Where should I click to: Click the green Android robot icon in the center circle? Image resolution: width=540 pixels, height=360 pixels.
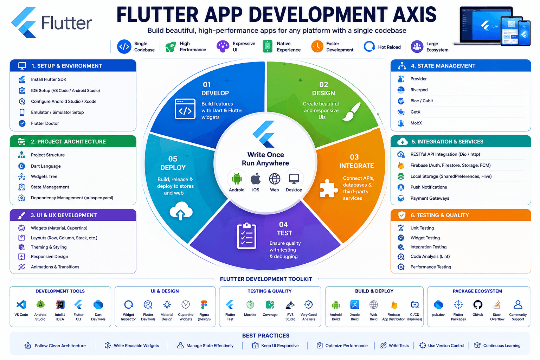pyautogui.click(x=237, y=179)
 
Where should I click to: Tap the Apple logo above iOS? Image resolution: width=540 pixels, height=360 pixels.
pyautogui.click(x=256, y=179)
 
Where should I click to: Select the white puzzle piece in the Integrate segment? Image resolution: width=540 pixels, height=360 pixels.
pyautogui.click(x=329, y=188)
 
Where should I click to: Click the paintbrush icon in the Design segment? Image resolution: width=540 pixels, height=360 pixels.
pyautogui.click(x=352, y=111)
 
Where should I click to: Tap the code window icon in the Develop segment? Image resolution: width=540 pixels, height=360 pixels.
pyautogui.click(x=185, y=109)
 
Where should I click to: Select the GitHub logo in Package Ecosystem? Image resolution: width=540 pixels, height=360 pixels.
pyautogui.click(x=477, y=304)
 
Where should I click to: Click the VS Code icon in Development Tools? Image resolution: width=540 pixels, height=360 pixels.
pyautogui.click(x=21, y=304)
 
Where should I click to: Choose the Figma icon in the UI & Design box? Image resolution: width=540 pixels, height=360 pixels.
pyautogui.click(x=204, y=304)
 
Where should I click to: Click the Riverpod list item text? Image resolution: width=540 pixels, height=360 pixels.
pyautogui.click(x=419, y=90)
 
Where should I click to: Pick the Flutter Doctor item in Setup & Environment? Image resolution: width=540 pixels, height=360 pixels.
pyautogui.click(x=45, y=123)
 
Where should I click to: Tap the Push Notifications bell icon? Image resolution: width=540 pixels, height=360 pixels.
pyautogui.click(x=401, y=187)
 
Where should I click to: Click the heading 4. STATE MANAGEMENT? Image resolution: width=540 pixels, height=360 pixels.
pyautogui.click(x=443, y=66)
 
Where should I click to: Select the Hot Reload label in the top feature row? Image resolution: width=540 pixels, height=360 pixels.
pyautogui.click(x=389, y=47)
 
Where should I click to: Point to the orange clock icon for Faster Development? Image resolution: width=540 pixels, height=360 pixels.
pyautogui.click(x=317, y=46)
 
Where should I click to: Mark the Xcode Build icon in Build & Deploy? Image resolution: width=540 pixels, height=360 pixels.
pyautogui.click(x=355, y=304)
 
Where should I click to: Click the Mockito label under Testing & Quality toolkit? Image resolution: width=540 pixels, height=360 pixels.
pyautogui.click(x=250, y=315)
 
